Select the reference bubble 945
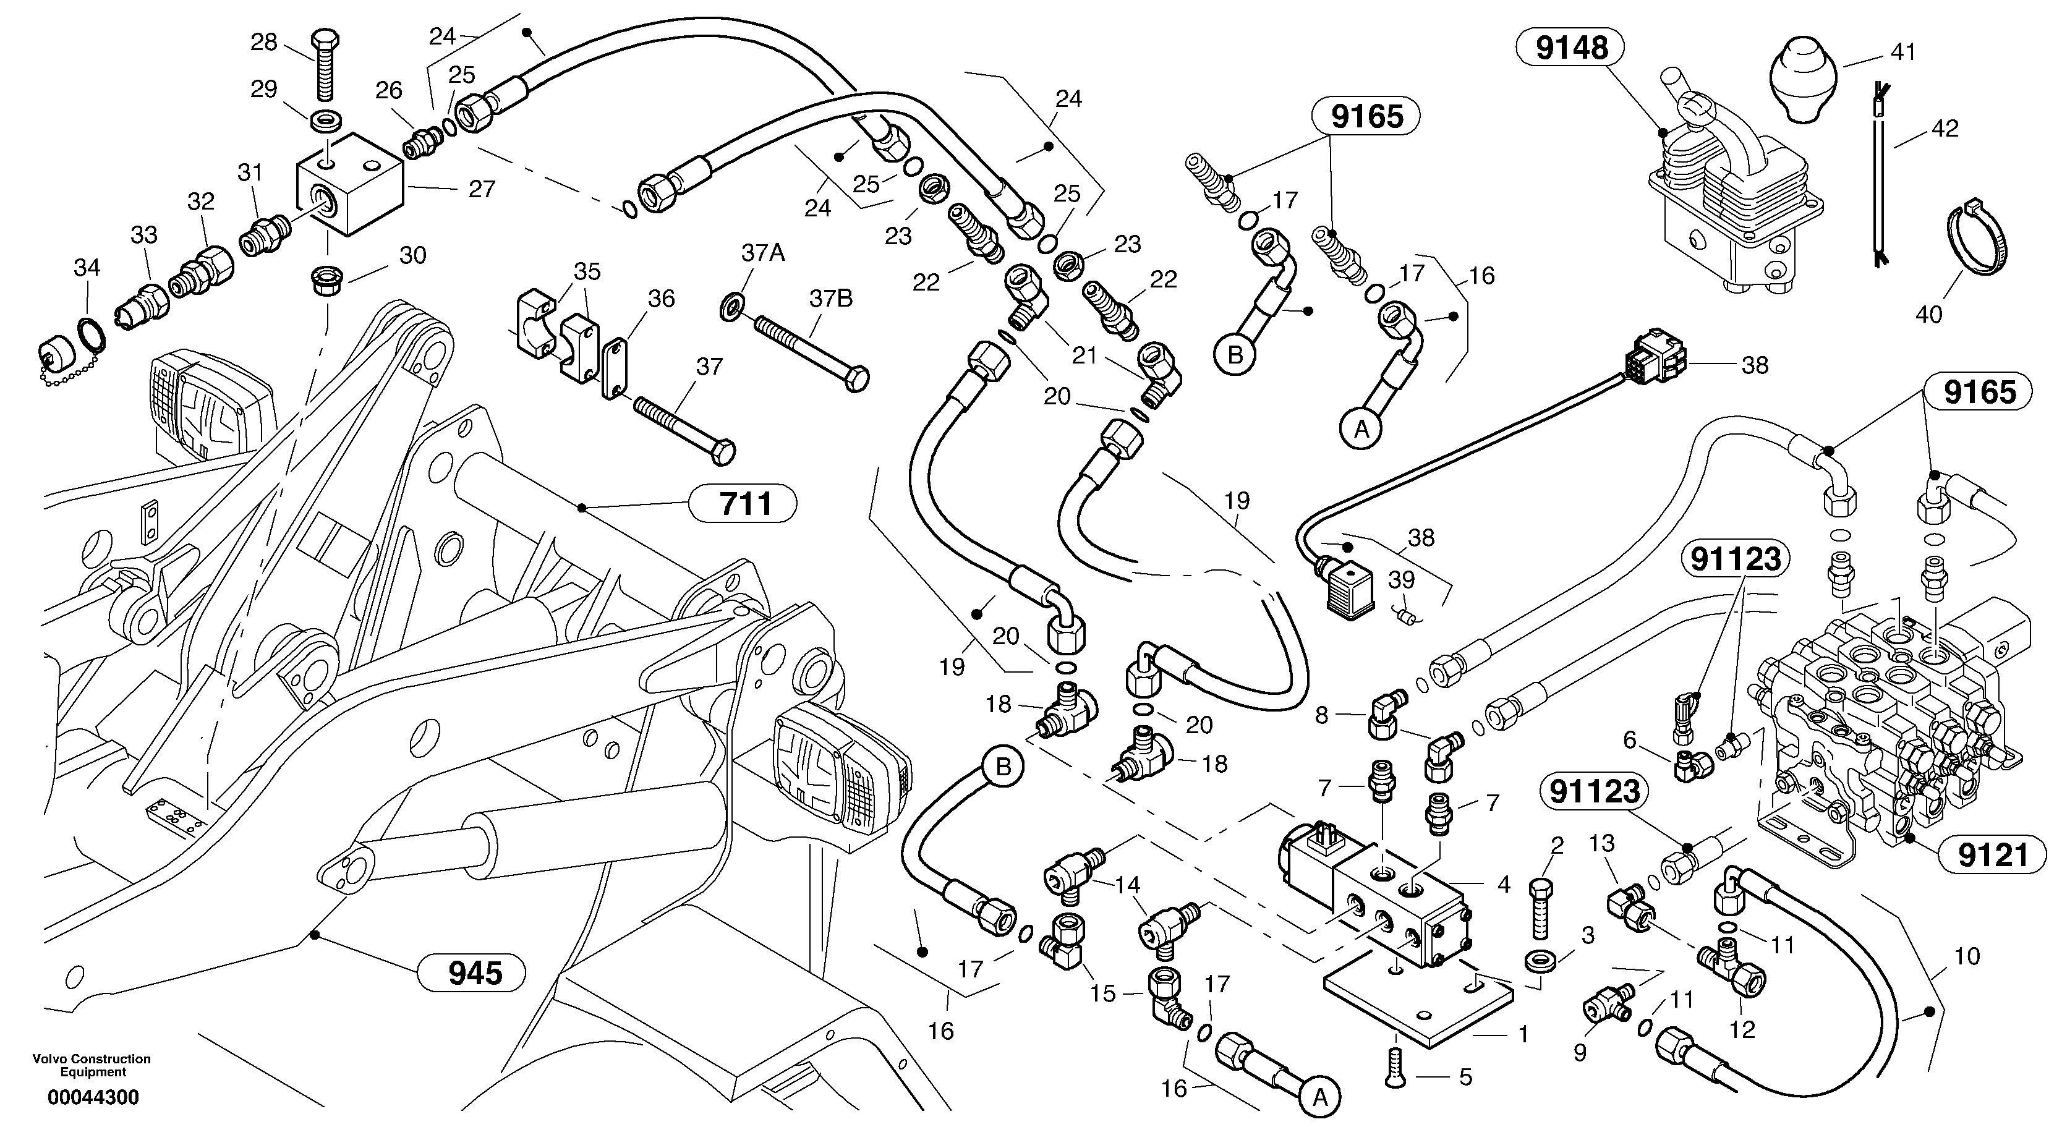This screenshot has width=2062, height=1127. (x=475, y=972)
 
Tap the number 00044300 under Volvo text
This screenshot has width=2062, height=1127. (x=93, y=1097)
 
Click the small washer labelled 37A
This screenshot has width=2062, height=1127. (x=731, y=306)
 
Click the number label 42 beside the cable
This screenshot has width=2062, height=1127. (x=1945, y=128)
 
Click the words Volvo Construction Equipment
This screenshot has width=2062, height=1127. (x=92, y=1065)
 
